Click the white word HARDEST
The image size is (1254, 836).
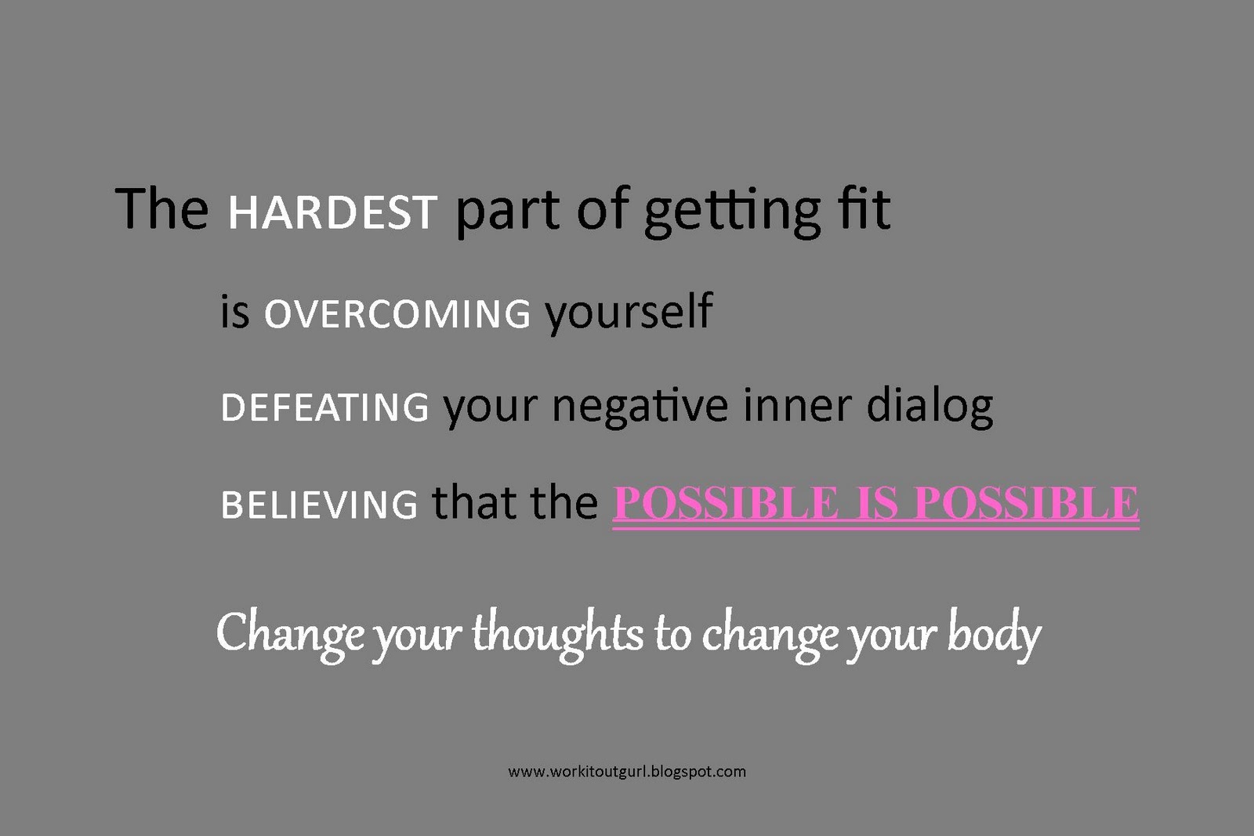[x=332, y=212]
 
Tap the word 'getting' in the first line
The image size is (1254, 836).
[x=732, y=212]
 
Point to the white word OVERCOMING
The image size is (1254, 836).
[x=397, y=313]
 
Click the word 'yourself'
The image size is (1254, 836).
[x=629, y=313]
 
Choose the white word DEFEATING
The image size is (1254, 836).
[x=324, y=407]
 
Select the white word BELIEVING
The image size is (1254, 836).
[x=319, y=504]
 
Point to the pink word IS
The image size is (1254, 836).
[x=877, y=503]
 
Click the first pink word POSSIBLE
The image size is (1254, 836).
[x=726, y=503]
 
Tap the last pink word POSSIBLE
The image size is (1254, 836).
[x=1027, y=503]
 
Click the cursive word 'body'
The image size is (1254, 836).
[x=994, y=634]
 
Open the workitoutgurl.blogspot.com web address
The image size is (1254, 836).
[x=627, y=773]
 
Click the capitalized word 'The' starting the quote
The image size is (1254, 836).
[x=161, y=208]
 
